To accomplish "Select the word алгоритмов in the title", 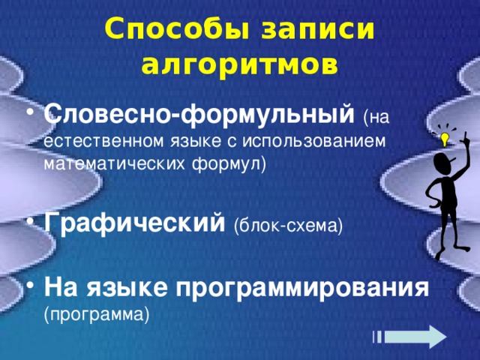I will [x=239, y=65].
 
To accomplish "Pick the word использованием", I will [x=323, y=141].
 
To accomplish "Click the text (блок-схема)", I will [x=288, y=225].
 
